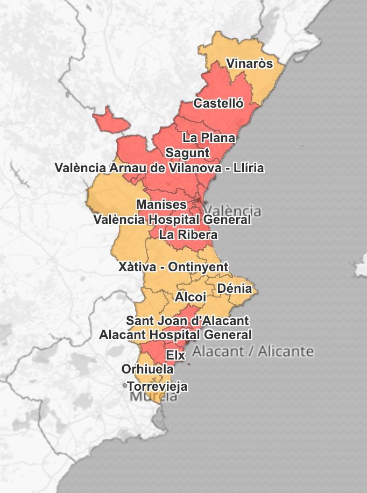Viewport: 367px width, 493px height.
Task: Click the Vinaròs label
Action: pyautogui.click(x=249, y=64)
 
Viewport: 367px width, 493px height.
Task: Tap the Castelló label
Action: pyautogui.click(x=218, y=103)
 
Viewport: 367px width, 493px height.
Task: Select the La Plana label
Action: pyautogui.click(x=209, y=138)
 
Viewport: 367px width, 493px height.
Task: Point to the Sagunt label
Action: pyautogui.click(x=187, y=153)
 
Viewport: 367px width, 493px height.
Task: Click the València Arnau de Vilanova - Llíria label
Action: pyautogui.click(x=159, y=168)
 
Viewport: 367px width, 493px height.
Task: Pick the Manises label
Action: pyautogui.click(x=161, y=205)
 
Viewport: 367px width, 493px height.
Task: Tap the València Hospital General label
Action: pyautogui.click(x=172, y=220)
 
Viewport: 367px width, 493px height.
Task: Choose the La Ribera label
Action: pyautogui.click(x=188, y=235)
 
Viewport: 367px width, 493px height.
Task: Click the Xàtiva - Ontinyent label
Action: pyautogui.click(x=173, y=267)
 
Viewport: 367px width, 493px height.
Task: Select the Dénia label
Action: pyautogui.click(x=234, y=288)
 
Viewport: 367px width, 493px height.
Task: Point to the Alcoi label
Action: pyautogui.click(x=190, y=297)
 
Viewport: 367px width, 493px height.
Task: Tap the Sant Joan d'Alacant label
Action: pyautogui.click(x=187, y=321)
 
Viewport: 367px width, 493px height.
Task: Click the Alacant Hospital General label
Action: pyautogui.click(x=175, y=335)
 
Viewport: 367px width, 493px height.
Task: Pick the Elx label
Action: pyautogui.click(x=175, y=355)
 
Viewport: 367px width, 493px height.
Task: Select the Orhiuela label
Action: pyautogui.click(x=147, y=369)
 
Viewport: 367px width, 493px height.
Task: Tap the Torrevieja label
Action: pyautogui.click(x=157, y=386)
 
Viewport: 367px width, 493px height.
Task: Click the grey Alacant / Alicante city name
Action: pyautogui.click(x=252, y=351)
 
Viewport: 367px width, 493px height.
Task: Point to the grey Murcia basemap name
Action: pyautogui.click(x=154, y=398)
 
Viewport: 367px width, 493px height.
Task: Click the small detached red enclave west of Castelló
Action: pyautogui.click(x=110, y=118)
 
